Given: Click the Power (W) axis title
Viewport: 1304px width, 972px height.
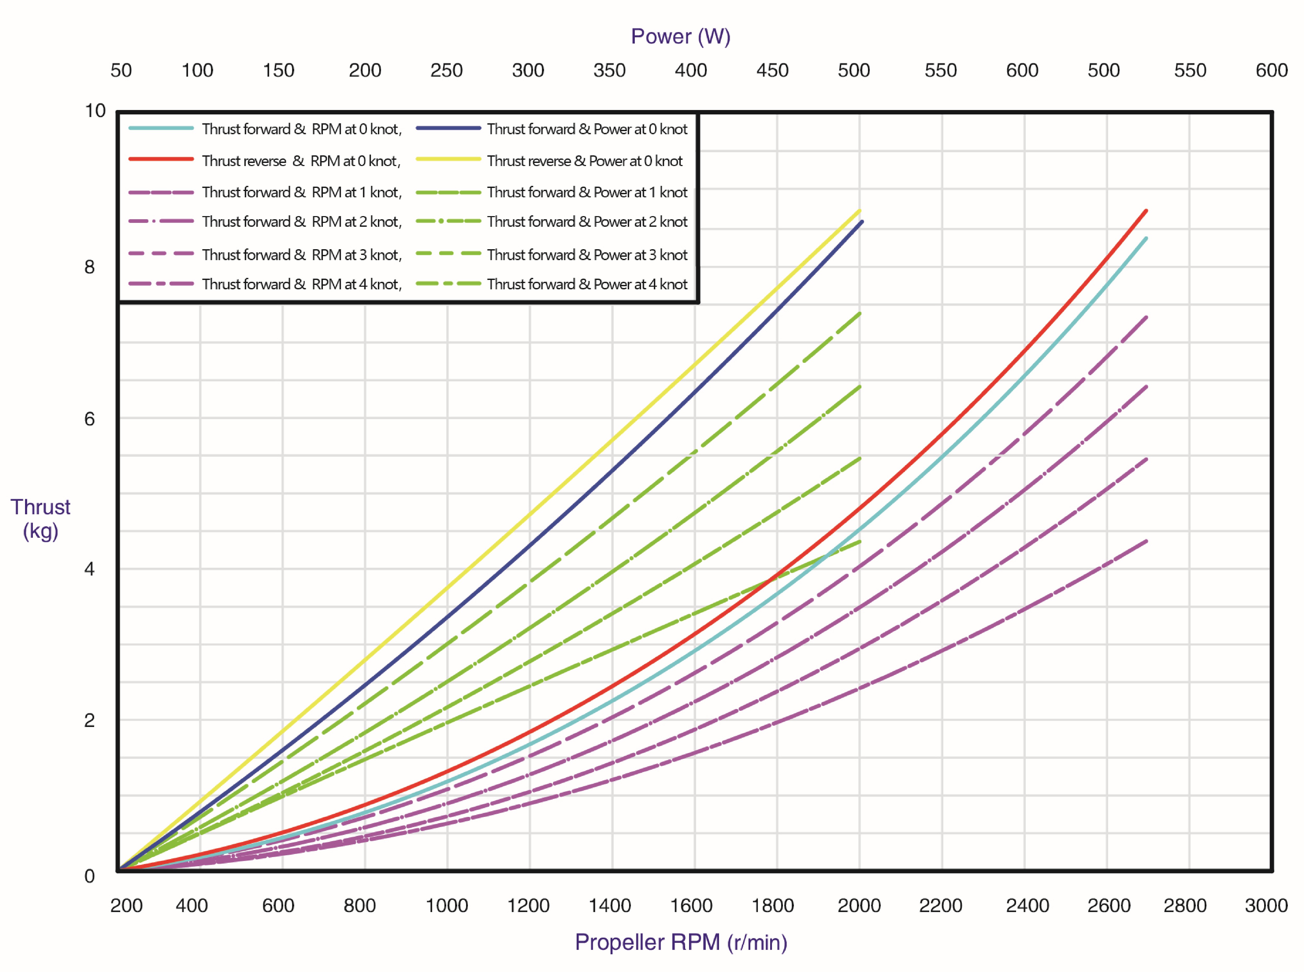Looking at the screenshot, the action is (680, 36).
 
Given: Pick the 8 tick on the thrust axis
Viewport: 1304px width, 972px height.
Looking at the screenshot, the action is (89, 267).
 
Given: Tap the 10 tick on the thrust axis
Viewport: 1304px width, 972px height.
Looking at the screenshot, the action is (95, 111).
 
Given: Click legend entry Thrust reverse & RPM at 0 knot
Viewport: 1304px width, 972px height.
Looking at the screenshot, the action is (264, 161).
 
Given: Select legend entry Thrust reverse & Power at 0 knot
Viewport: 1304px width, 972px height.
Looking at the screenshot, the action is (549, 161).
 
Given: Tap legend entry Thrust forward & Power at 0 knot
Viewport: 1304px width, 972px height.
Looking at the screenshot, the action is (552, 129).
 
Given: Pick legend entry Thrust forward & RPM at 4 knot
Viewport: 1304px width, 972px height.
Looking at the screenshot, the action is (265, 284).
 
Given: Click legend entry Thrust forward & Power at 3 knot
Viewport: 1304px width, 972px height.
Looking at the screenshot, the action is (552, 255).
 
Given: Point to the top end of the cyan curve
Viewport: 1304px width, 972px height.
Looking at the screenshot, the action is (1146, 238).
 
